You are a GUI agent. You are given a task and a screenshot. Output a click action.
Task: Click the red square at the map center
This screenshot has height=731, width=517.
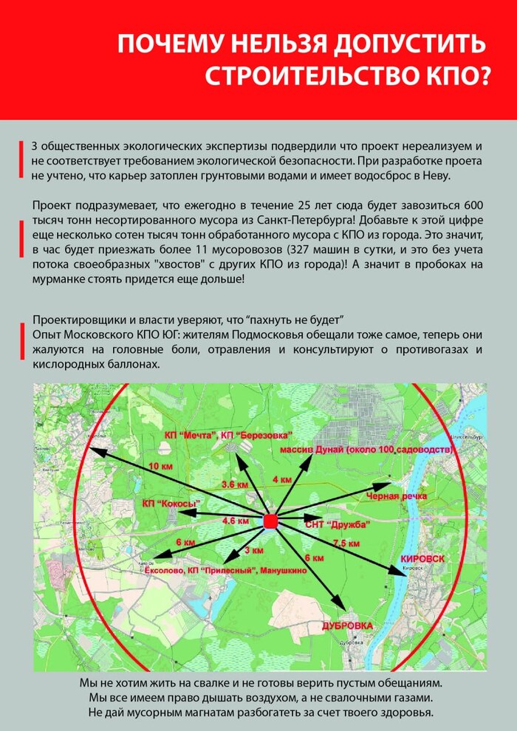click(270, 522)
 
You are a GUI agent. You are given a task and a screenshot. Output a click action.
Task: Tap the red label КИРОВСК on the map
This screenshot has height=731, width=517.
click(422, 559)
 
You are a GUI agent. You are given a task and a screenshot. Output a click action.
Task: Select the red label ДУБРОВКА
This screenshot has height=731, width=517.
click(346, 625)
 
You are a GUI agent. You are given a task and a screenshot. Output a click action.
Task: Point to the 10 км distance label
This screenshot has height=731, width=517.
click(160, 467)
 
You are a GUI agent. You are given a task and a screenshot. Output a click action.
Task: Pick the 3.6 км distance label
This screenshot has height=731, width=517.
click(235, 484)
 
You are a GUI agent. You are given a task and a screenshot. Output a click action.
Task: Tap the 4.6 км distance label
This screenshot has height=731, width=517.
click(235, 521)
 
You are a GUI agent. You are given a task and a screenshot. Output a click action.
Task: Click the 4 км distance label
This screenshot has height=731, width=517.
click(281, 480)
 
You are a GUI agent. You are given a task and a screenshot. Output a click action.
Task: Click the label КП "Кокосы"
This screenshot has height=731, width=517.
click(172, 504)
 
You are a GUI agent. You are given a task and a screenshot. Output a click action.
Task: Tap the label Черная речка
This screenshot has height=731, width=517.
click(397, 496)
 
